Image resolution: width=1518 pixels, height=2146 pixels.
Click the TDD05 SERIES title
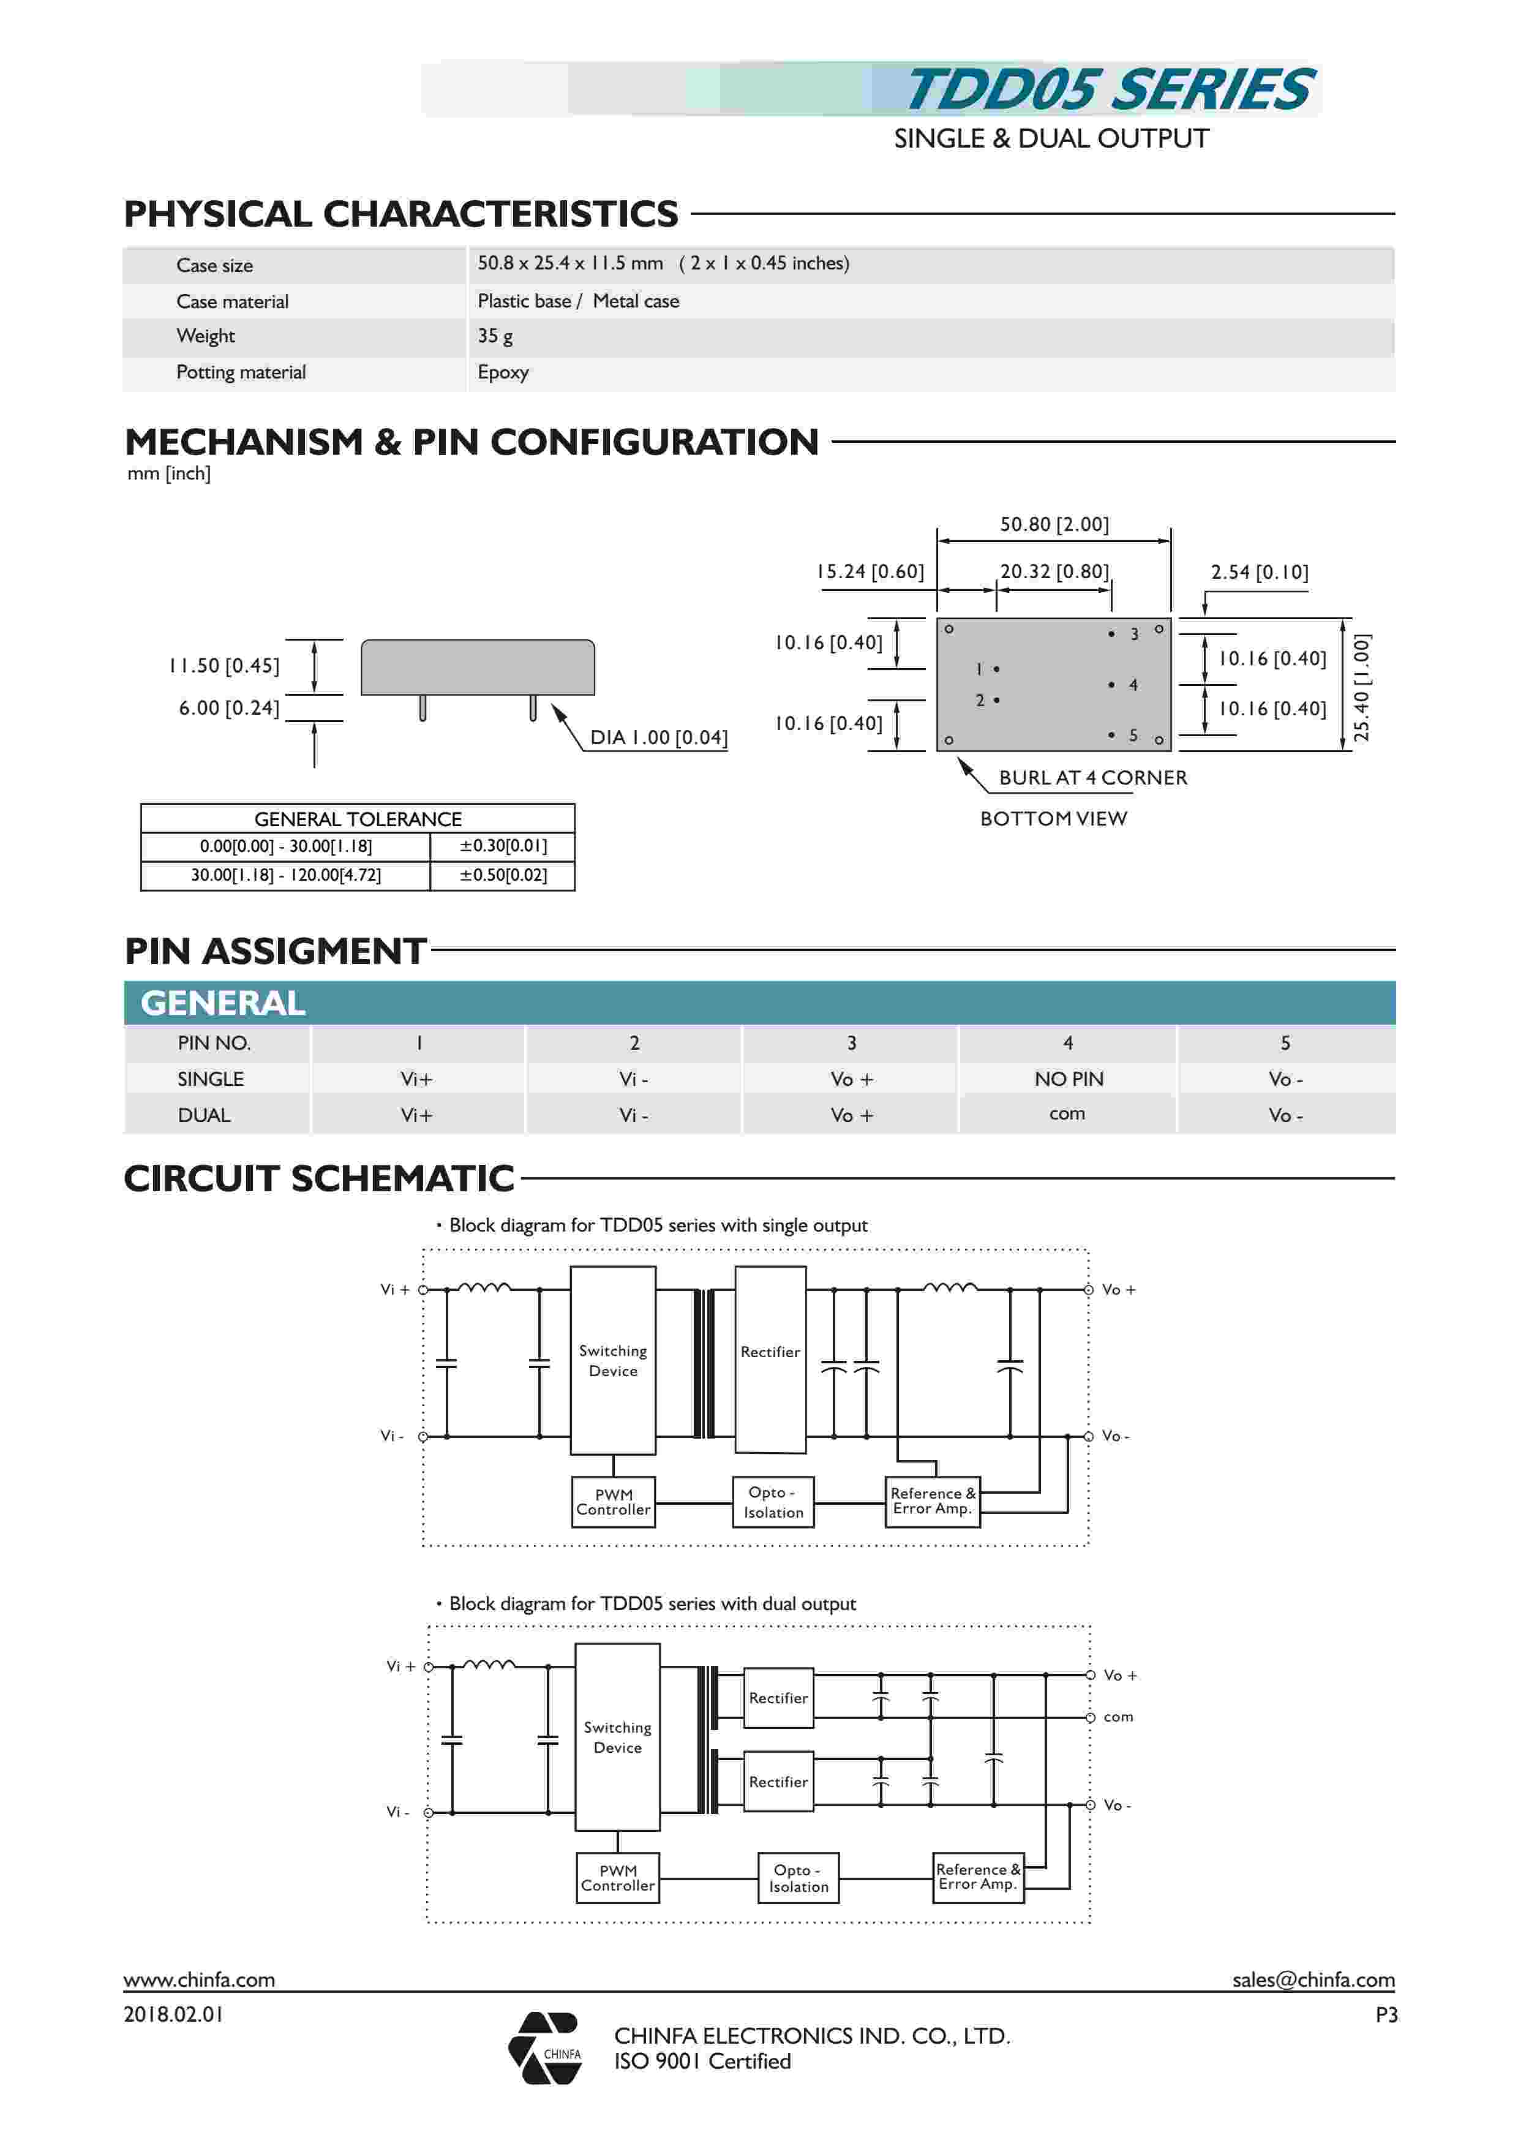1110,90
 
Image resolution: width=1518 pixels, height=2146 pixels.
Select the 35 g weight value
495,336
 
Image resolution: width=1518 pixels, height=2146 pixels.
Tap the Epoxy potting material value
503,372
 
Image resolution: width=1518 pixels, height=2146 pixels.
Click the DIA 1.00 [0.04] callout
658,737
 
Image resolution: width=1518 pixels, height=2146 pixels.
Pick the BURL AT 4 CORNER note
1092,778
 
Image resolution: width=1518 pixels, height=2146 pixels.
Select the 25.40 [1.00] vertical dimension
1361,687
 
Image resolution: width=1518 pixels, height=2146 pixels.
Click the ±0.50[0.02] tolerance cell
503,875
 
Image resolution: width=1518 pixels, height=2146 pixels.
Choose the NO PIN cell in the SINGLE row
1069,1079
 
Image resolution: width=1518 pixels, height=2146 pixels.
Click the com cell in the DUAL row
1067,1113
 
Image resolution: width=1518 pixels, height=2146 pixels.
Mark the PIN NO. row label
214,1043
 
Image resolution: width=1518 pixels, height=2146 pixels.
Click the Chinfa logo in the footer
545,2048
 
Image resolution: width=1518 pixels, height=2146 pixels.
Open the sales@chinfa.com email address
1312,1979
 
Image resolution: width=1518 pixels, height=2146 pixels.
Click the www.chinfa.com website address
199,1979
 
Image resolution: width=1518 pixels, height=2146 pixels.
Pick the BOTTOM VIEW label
1053,819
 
